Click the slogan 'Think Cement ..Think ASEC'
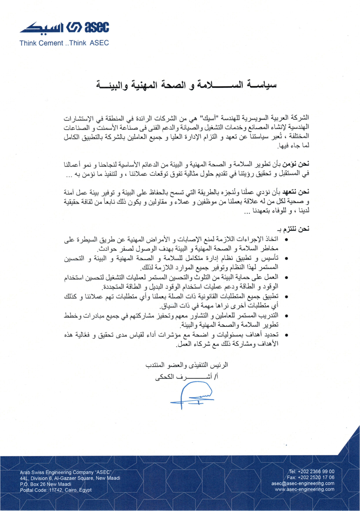pyautogui.click(x=64, y=43)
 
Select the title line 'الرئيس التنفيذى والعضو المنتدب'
pyautogui.click(x=187, y=365)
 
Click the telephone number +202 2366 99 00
pyautogui.click(x=311, y=471)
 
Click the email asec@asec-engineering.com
pyautogui.click(x=303, y=483)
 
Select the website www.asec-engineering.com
pyautogui.click(x=305, y=490)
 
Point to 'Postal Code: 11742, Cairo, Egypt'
pyautogui.click(x=56, y=490)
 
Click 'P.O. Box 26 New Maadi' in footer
pyautogui.click(x=45, y=484)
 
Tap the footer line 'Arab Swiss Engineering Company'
pyautogui.click(x=65, y=472)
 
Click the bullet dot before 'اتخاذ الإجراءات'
pyautogui.click(x=286, y=240)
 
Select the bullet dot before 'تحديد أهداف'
pyautogui.click(x=286, y=335)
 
